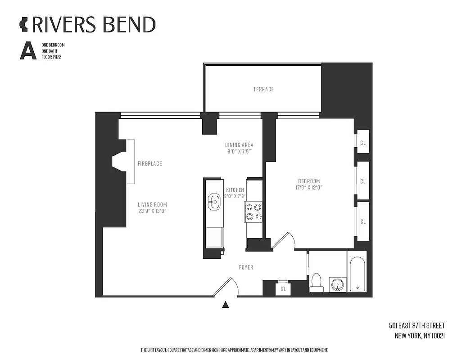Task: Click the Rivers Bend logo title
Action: pos(88,25)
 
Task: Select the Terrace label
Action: pos(263,89)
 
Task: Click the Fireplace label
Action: pos(149,163)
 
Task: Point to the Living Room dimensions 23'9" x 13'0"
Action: pos(152,211)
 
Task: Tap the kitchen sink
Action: pos(214,202)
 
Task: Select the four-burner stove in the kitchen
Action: pos(253,211)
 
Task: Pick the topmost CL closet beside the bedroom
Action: pos(362,143)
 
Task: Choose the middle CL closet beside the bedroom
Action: pos(362,181)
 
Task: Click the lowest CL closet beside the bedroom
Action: pos(362,221)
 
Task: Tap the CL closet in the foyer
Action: pos(283,289)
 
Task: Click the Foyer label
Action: pos(246,267)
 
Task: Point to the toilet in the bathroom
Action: pos(317,282)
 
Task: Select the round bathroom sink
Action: pos(336,284)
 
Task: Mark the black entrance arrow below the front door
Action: pos(226,305)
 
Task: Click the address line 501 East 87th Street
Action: pos(416,325)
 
